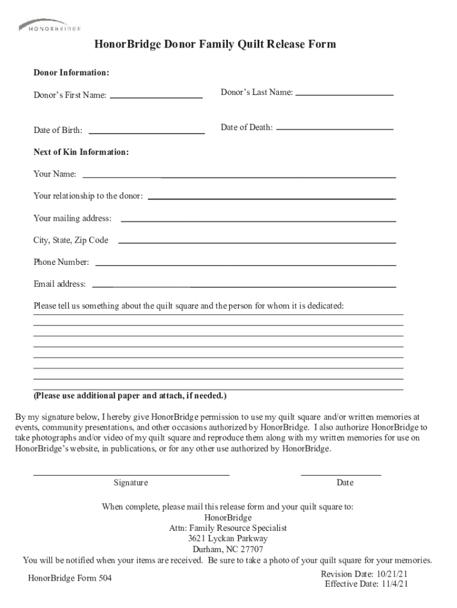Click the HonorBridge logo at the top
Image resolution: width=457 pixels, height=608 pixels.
tap(49, 26)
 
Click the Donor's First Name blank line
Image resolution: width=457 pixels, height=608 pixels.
tap(156, 96)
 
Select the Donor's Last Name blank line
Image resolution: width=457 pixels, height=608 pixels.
tap(344, 94)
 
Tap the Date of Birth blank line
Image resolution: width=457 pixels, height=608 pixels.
tap(146, 132)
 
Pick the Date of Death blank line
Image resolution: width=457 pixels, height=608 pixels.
tap(335, 128)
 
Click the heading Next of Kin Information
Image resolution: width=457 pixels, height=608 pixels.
tap(81, 153)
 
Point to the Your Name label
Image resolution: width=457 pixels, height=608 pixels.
tap(55, 175)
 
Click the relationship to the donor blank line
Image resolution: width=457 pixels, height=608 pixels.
tap(271, 198)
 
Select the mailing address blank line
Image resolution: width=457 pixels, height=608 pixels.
tap(258, 220)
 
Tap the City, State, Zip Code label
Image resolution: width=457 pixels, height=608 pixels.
tap(71, 240)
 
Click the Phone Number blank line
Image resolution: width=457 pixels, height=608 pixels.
tap(246, 265)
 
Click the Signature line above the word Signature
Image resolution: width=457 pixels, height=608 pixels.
tap(131, 474)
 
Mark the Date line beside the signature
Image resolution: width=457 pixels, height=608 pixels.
tap(341, 474)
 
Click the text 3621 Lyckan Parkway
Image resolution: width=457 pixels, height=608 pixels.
tap(228, 539)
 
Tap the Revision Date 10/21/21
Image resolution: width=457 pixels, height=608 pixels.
tap(364, 574)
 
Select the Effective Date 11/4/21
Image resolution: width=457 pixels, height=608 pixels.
tap(366, 584)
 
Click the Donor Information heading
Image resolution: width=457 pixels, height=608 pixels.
tap(71, 72)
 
